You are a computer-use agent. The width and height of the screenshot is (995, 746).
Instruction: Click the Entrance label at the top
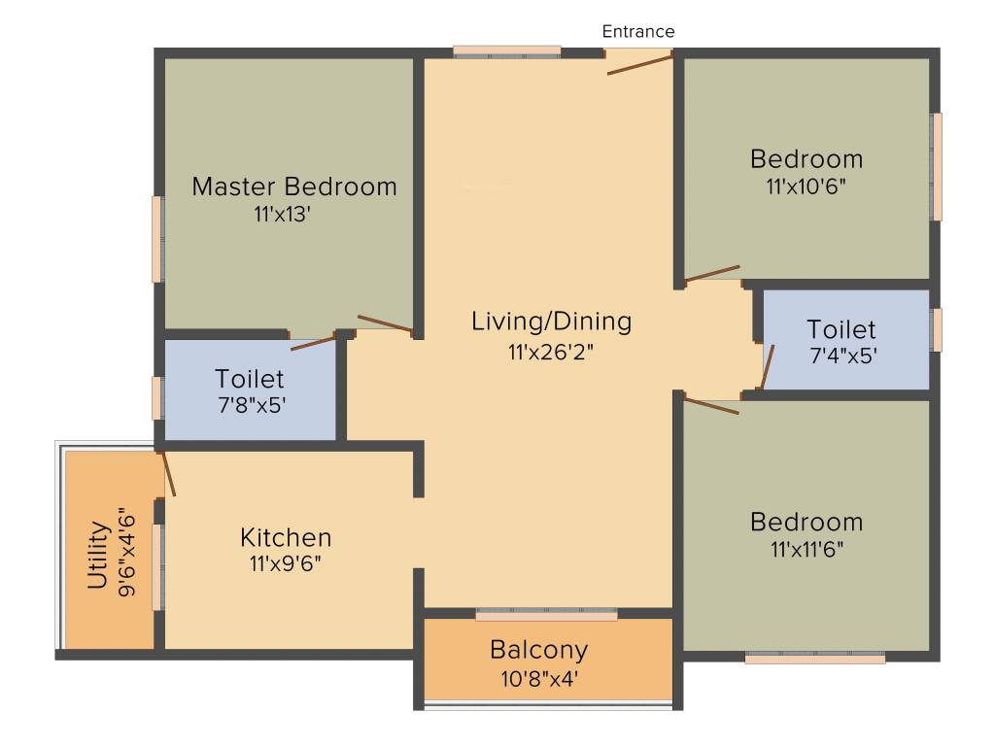point(637,31)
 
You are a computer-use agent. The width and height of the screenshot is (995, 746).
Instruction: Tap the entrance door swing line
point(639,65)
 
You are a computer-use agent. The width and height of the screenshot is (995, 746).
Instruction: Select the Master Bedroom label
point(294,186)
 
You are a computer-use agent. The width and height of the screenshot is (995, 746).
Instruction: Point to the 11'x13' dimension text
point(282,215)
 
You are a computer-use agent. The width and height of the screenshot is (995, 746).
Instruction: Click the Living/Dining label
point(552,322)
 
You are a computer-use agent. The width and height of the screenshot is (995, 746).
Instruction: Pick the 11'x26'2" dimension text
point(550,352)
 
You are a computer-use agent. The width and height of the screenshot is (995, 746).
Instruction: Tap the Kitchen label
point(286,537)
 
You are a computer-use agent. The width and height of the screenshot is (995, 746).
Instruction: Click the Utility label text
point(98,555)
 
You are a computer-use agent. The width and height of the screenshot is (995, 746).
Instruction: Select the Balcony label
point(538,650)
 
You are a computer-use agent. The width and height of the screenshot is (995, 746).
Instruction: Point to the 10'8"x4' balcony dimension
point(538,679)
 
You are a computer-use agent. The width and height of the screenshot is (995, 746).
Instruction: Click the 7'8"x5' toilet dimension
point(252,405)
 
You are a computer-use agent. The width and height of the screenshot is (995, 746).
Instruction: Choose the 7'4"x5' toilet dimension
point(843,356)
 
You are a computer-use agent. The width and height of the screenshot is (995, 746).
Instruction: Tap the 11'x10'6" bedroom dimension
point(806,186)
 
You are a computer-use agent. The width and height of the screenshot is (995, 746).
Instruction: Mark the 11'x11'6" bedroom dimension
point(807,549)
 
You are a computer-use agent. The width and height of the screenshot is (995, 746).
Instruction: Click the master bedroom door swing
point(385,322)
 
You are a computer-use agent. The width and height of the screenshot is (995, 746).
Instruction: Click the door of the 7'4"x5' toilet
point(768,366)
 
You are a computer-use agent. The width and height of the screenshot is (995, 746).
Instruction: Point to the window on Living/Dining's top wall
point(507,52)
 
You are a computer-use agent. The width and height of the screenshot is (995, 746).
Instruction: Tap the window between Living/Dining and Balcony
point(546,614)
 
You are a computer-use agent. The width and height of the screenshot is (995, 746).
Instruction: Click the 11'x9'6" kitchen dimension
point(286,563)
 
